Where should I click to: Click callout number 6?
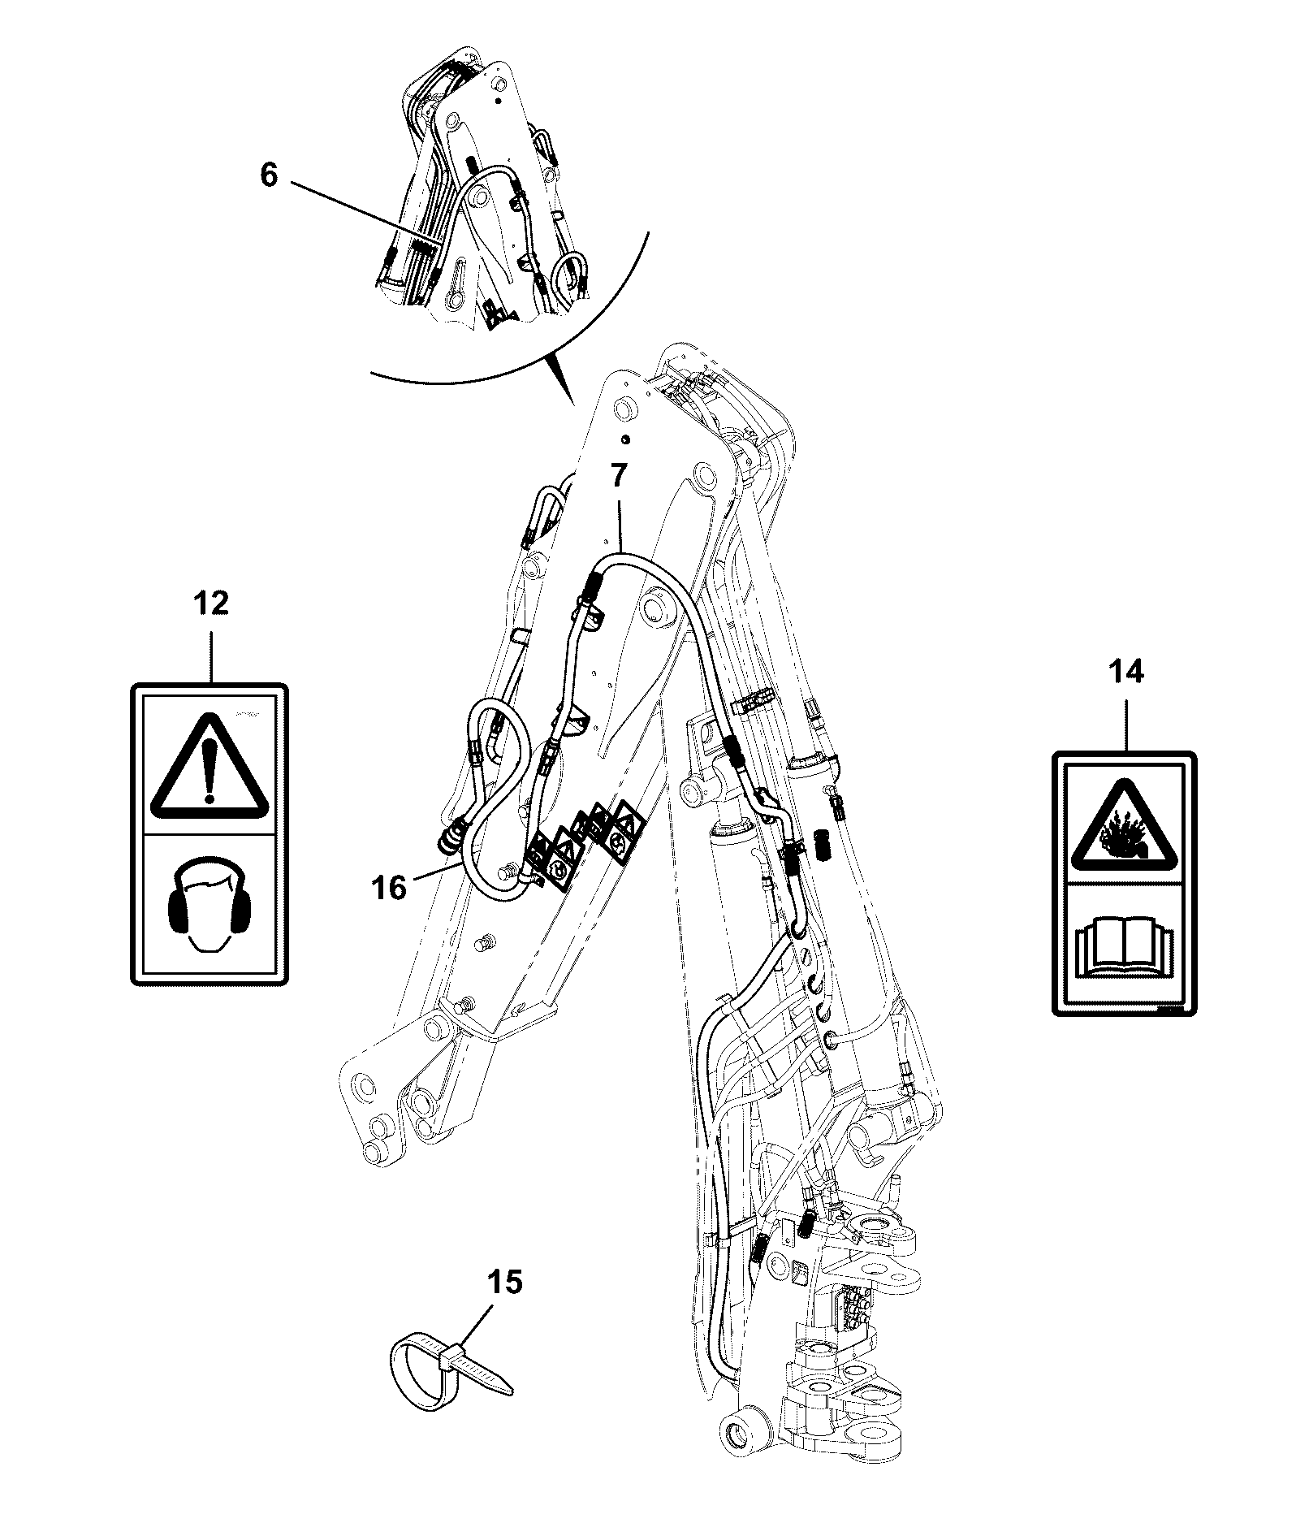tap(269, 176)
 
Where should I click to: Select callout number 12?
tap(210, 604)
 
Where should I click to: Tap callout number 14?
tap(1125, 672)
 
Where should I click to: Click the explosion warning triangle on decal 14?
tap(1125, 827)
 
